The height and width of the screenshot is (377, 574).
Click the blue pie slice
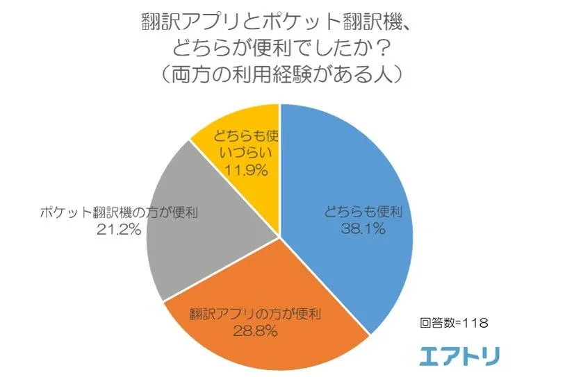347,181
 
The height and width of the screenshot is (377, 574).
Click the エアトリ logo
459,355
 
